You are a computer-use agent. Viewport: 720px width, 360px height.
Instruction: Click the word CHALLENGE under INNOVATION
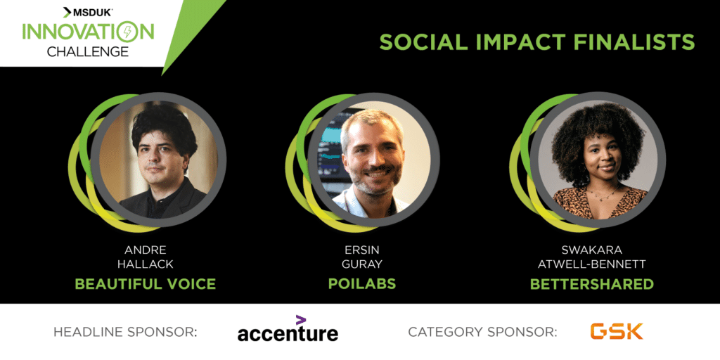point(88,51)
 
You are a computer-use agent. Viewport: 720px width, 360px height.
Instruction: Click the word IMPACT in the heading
point(519,42)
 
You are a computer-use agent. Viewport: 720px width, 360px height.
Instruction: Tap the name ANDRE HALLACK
point(145,257)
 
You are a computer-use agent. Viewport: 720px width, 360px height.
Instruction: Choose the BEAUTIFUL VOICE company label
point(145,284)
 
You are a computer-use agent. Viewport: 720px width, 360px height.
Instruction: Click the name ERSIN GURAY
point(362,257)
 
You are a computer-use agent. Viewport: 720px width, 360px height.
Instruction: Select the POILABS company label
point(362,284)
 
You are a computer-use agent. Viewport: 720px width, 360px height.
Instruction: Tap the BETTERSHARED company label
point(591,284)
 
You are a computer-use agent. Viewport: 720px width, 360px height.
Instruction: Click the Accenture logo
point(288,329)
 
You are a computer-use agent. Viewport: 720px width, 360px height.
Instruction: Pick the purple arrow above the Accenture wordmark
point(301,320)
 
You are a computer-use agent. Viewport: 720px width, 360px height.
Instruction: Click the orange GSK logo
point(616,331)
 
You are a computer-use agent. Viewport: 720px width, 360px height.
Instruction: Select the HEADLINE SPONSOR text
point(125,332)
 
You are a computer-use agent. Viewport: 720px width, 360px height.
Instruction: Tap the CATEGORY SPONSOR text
point(482,332)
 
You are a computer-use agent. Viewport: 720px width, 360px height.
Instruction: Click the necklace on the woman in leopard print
point(602,192)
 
